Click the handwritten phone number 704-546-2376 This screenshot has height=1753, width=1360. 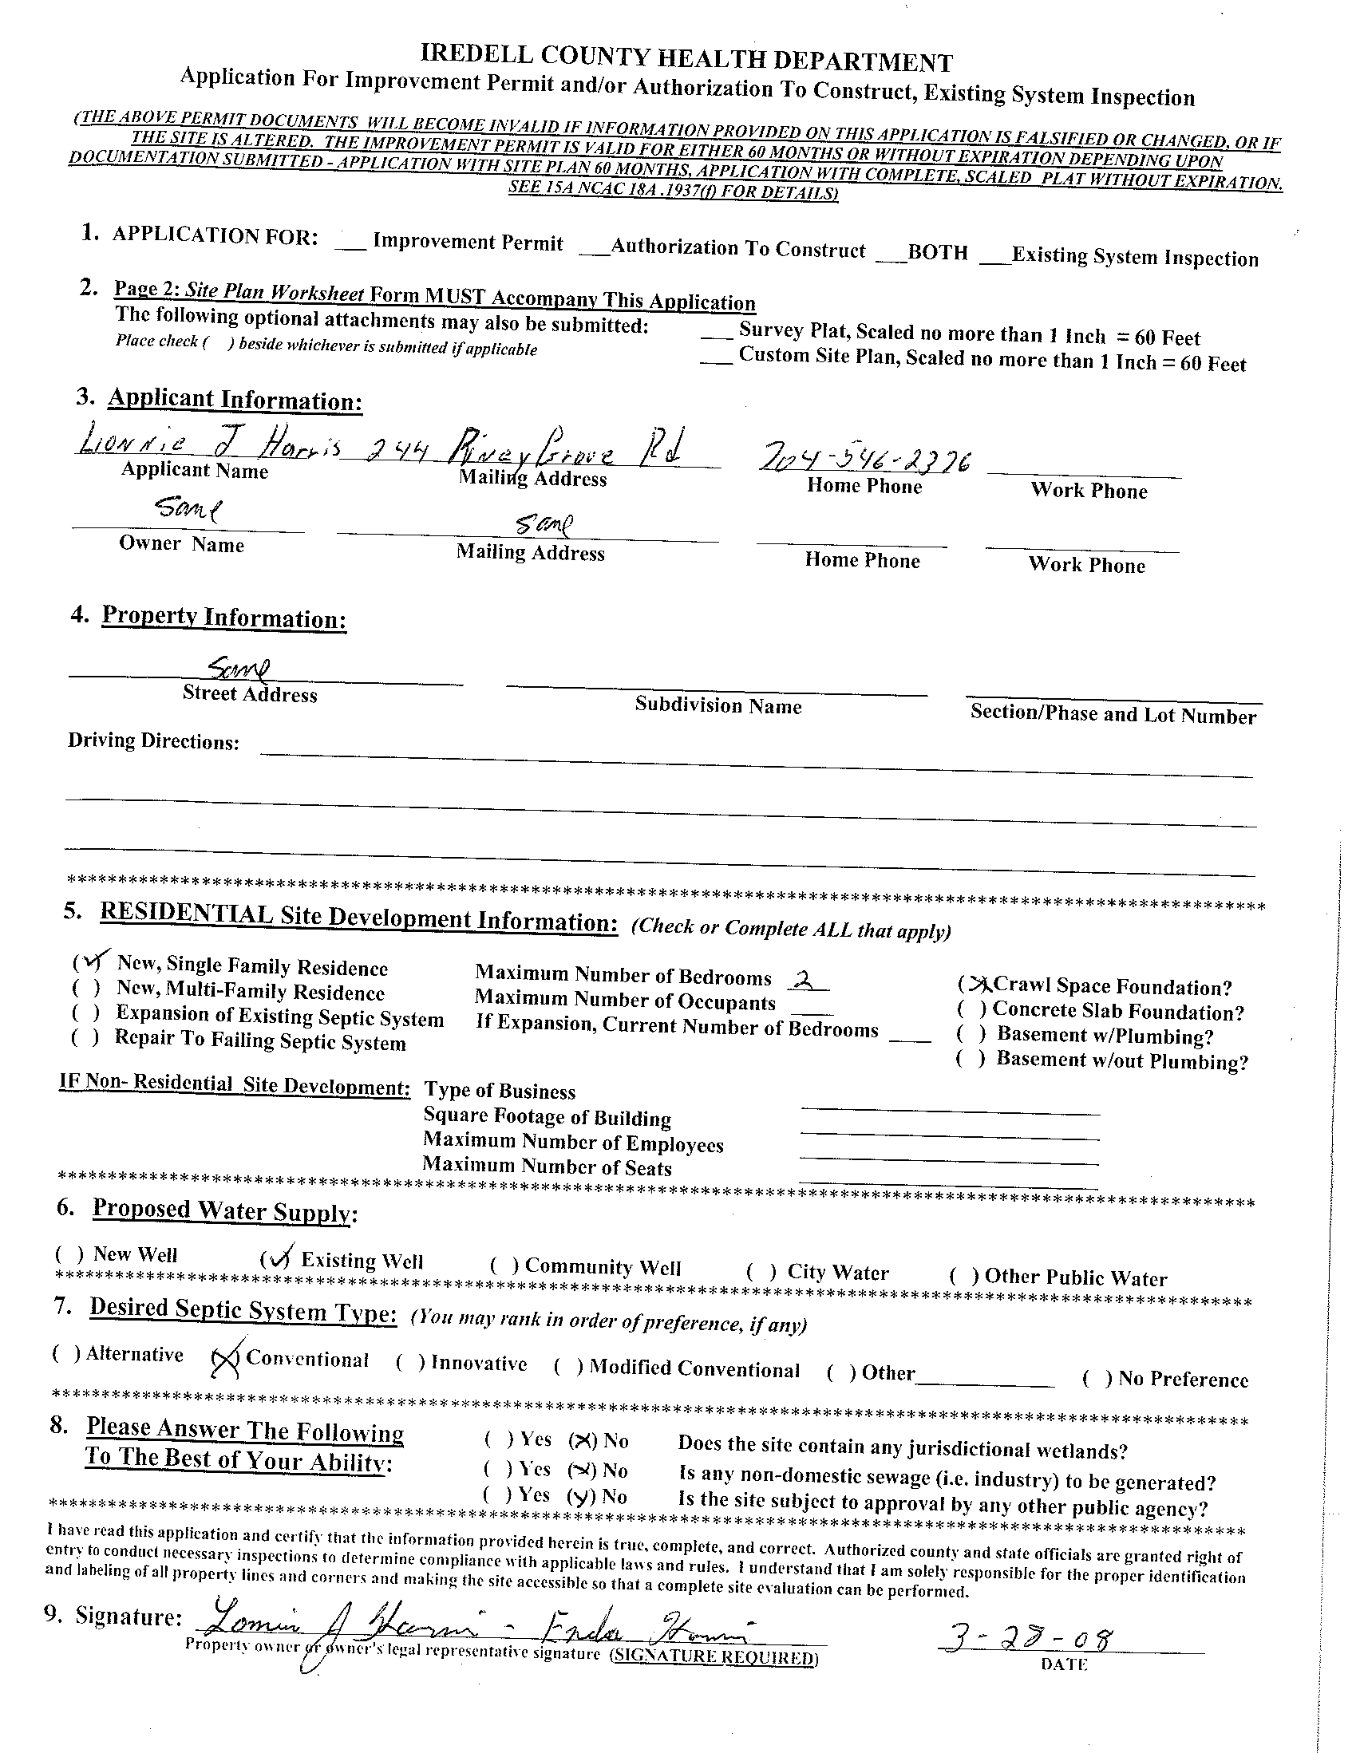(x=865, y=460)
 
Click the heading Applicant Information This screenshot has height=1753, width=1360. (x=235, y=400)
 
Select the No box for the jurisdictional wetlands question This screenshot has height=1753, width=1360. (x=583, y=1441)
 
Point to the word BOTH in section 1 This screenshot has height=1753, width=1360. (x=937, y=253)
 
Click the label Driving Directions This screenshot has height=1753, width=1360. (x=153, y=740)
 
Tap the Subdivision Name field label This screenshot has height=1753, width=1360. (x=718, y=705)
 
